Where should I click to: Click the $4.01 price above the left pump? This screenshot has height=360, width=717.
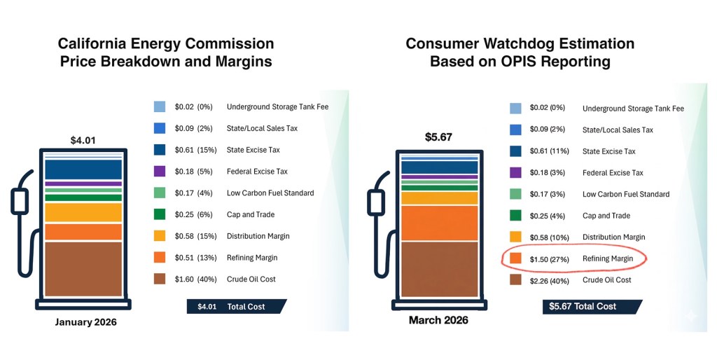[x=83, y=140]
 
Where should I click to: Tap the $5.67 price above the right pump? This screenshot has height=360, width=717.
[x=439, y=137]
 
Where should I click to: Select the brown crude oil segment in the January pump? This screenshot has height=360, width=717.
[x=83, y=268]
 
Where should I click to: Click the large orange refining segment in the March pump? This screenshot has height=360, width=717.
[x=439, y=223]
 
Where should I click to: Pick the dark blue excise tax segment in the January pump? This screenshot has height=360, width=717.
[x=83, y=169]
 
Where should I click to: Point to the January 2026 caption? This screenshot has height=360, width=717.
[x=85, y=322]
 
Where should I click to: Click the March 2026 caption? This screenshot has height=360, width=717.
[x=439, y=320]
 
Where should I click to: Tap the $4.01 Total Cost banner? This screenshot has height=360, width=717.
[x=235, y=306]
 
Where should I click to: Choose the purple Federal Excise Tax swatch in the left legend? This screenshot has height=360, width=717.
[x=160, y=171]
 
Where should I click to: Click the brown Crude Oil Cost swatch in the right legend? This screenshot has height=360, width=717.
[x=515, y=280]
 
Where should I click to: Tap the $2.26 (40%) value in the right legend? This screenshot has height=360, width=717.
[x=550, y=280]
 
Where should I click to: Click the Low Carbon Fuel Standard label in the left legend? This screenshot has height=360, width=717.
[x=270, y=193]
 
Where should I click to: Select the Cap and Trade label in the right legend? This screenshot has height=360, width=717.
[x=606, y=216]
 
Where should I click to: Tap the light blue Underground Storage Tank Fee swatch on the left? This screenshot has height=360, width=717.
[x=160, y=106]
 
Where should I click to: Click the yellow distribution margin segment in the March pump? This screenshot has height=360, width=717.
[x=439, y=198]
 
